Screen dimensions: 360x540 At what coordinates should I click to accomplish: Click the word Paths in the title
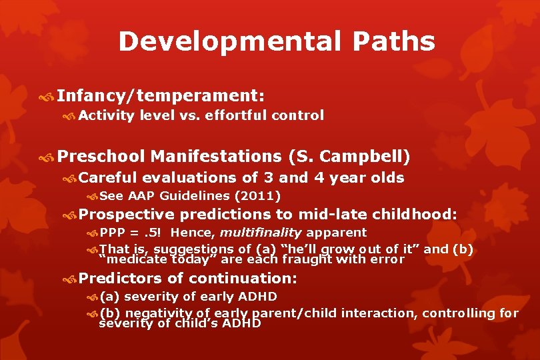(394, 41)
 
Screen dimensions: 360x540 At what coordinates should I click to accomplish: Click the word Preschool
(101, 157)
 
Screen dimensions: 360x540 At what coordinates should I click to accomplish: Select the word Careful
(108, 177)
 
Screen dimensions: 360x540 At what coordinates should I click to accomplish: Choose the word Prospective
(127, 214)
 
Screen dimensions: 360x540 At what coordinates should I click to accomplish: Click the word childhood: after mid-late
(415, 214)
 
